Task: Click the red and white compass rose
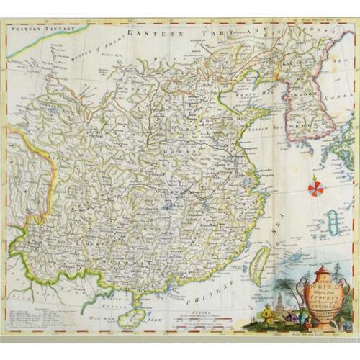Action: [316, 189]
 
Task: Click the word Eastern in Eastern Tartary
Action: [151, 33]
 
